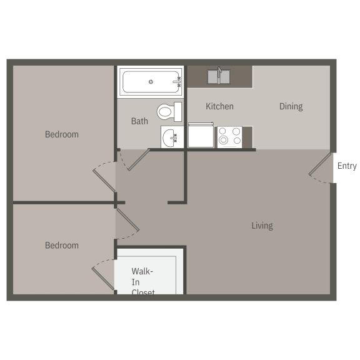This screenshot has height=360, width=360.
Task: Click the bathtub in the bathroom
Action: pos(151,82)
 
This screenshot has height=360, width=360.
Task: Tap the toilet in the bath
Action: pos(169,112)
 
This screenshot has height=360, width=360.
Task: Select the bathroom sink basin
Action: pos(170,137)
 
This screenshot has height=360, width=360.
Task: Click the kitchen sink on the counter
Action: pos(219,77)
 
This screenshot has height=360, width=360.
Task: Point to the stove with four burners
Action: pos(229,137)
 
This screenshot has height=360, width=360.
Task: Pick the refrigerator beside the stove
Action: pos(201,136)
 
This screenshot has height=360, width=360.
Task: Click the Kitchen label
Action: pos(219,106)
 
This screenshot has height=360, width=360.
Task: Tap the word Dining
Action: pos(291,106)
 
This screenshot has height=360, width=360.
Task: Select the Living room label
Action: pos(262,226)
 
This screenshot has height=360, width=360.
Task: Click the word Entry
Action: pos(347,166)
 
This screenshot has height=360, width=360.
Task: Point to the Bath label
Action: pos(139,121)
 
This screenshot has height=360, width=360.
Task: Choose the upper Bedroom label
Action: pos(62,134)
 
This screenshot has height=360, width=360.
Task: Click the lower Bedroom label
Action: pos(62,246)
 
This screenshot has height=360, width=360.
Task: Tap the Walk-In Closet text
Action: pos(142,282)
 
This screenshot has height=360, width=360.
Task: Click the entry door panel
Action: pos(320,164)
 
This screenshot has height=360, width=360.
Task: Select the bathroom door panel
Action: pos(139,160)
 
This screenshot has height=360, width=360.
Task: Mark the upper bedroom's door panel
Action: pos(104,181)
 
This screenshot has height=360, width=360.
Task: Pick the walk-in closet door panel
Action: pos(103,279)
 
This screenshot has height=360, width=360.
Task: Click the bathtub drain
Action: pos(151,82)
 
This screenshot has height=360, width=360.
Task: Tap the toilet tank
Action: pos(177,112)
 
